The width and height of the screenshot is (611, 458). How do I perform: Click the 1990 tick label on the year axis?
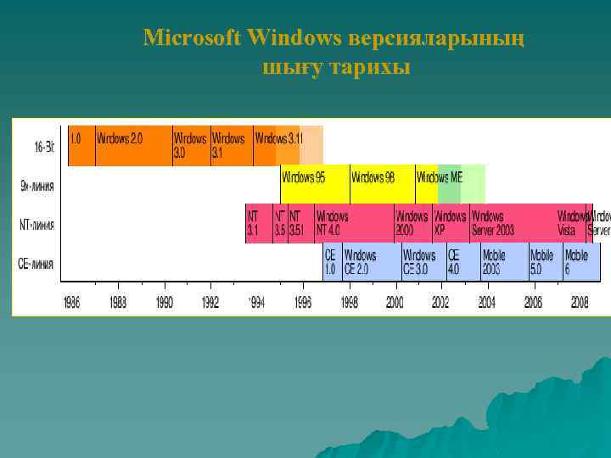(x=164, y=302)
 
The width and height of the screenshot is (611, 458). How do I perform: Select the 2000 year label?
(x=395, y=302)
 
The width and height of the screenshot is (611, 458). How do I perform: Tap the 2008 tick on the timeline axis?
(x=580, y=302)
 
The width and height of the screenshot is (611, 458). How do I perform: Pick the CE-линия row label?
(x=36, y=264)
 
